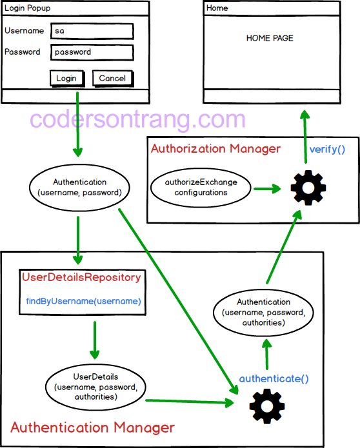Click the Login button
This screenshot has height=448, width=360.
pos(66,78)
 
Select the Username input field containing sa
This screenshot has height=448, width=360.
pos(92,32)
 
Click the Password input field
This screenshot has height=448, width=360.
pos(92,52)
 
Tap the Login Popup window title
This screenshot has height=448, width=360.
pos(28,8)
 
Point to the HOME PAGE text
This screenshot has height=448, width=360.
pos(270,38)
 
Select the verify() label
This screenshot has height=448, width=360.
pos(327,150)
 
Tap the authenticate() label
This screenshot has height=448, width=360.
pos(274,378)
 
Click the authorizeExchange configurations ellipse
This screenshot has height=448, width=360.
pos(201,188)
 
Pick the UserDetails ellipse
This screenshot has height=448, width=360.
pos(96,387)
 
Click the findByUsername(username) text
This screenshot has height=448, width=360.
pos(83,301)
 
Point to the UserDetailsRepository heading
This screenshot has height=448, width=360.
pos(81,278)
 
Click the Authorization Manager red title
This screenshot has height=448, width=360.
pos(215,149)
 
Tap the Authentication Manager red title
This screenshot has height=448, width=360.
pos(92,427)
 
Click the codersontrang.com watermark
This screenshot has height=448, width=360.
pos(137,119)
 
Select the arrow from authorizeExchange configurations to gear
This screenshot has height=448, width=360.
pos(266,189)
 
